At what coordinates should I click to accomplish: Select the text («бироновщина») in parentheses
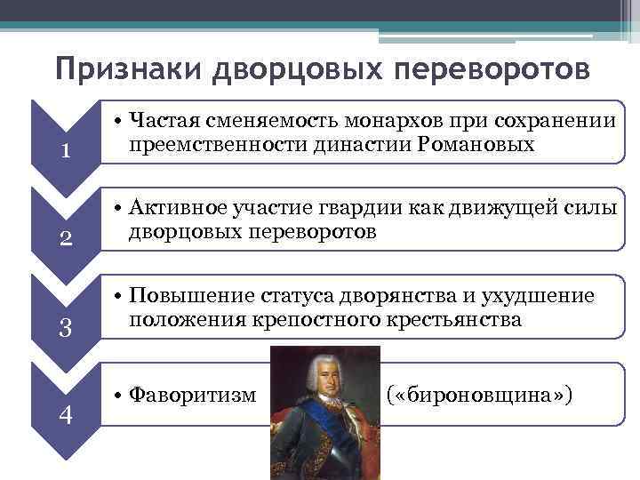pos(478,391)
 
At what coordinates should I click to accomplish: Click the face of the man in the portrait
pos(324,377)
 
